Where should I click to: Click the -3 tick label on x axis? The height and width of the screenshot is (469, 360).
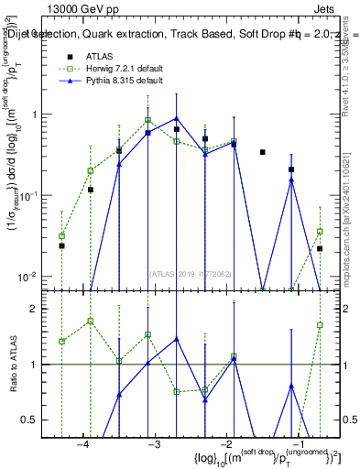(153, 445)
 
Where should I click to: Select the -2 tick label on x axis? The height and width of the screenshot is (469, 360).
(224, 445)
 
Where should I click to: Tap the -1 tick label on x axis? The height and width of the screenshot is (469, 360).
(296, 445)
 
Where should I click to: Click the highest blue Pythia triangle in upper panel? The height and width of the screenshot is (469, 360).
(177, 118)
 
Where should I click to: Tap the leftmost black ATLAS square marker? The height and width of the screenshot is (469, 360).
(61, 245)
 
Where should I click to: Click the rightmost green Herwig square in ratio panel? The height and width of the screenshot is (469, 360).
(320, 325)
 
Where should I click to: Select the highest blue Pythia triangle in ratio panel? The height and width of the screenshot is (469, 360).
(177, 339)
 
